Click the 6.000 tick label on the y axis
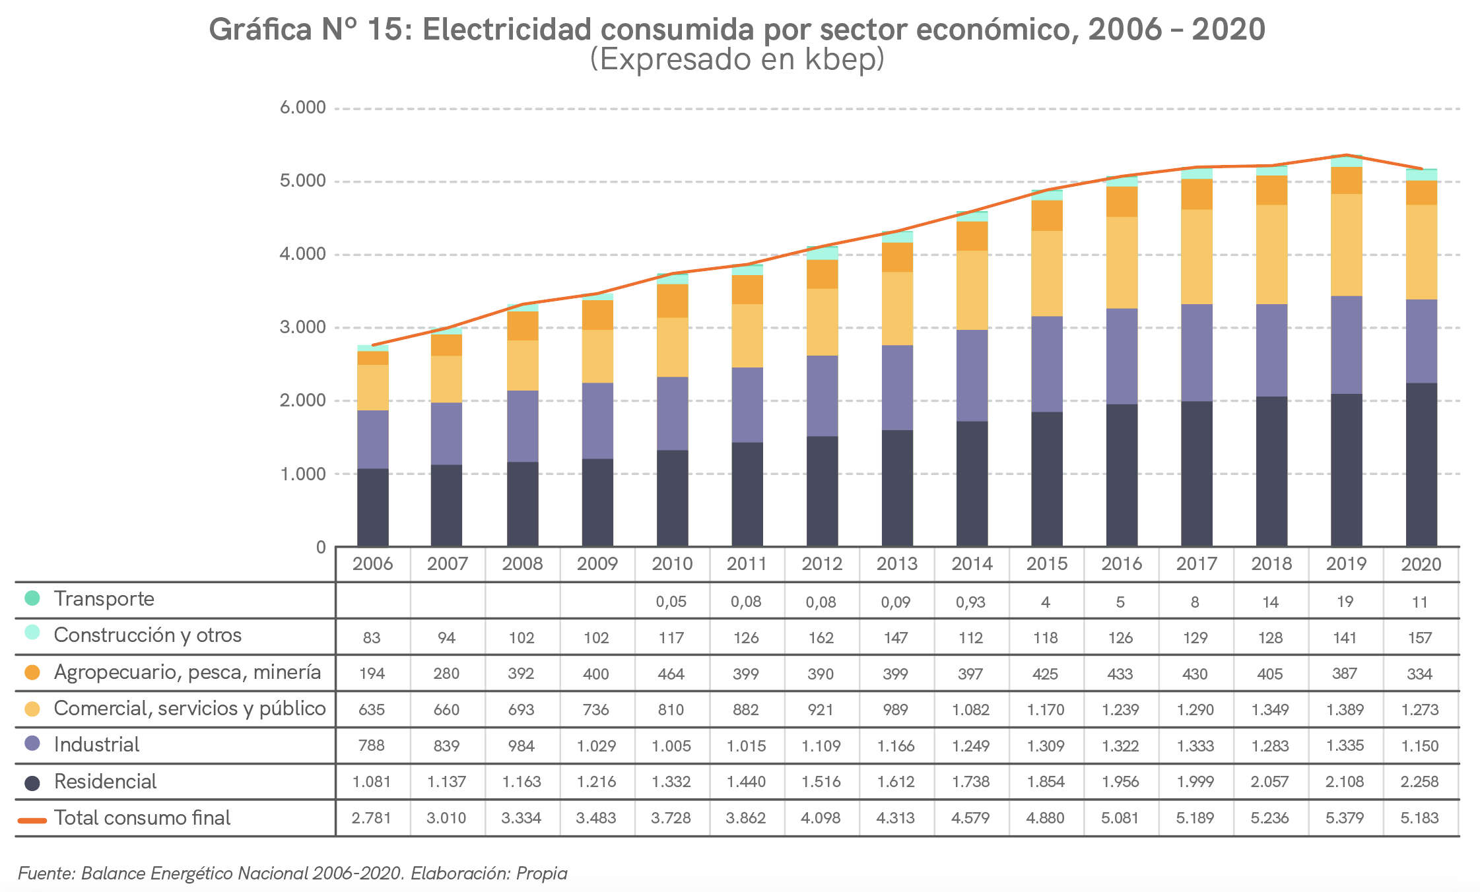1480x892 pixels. point(302,108)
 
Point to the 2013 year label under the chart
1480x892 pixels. point(896,564)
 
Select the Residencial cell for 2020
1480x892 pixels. point(1419,782)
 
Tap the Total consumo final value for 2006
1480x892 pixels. point(371,818)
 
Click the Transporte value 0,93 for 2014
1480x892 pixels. point(970,602)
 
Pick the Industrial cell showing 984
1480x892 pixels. point(521,746)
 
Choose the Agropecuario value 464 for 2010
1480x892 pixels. point(671,674)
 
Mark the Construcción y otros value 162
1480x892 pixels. point(821,638)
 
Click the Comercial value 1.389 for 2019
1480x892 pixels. point(1345,710)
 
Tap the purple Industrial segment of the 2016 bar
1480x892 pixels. point(1122,356)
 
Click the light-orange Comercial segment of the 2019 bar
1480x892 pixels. point(1346,245)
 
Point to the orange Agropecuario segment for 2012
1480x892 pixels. point(822,274)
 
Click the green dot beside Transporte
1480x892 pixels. point(32,598)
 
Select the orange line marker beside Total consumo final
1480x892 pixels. point(32,820)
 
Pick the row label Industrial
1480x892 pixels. point(96,745)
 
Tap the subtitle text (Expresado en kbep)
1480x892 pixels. point(737,59)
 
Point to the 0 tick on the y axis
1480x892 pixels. point(321,547)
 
